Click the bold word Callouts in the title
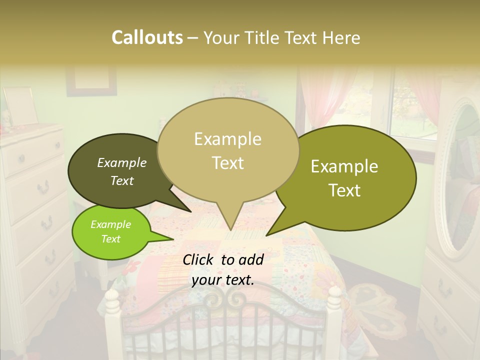click(x=147, y=37)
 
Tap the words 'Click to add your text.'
click(x=223, y=270)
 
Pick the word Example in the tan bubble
click(x=228, y=139)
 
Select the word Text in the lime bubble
click(x=110, y=239)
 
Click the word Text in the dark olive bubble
click(x=122, y=181)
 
